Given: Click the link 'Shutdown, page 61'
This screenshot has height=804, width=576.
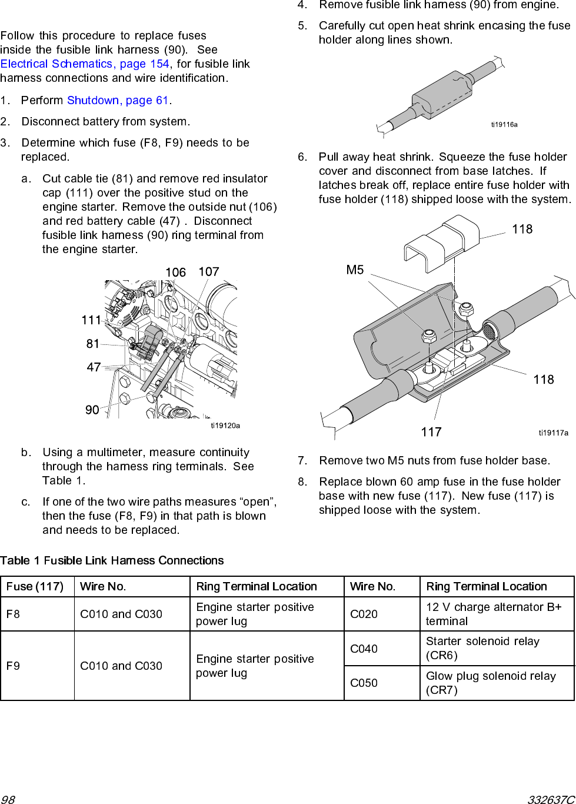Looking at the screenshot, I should (118, 101).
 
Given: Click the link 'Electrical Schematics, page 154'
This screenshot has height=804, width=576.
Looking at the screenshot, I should (85, 64).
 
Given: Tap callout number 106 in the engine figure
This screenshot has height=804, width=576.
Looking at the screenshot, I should (175, 273).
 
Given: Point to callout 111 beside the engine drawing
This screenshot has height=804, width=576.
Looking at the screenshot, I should (91, 320).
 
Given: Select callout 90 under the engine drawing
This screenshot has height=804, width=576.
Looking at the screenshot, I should (92, 410).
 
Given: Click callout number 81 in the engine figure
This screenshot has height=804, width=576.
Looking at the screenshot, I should (93, 344).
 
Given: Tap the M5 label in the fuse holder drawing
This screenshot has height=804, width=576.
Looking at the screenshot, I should (355, 270).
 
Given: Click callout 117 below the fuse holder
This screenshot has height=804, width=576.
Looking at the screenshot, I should (431, 433).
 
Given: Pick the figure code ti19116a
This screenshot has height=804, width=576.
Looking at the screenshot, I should (504, 125).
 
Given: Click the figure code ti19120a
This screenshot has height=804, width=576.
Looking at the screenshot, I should (225, 426).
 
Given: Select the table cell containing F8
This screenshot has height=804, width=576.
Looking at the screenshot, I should (37, 614).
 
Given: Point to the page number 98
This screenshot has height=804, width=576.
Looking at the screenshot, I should (8, 799).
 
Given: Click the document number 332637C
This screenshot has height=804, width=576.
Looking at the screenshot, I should (551, 799).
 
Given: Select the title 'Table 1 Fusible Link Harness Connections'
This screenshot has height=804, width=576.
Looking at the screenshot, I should (112, 561).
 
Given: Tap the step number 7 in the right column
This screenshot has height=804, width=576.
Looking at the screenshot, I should (302, 461).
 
